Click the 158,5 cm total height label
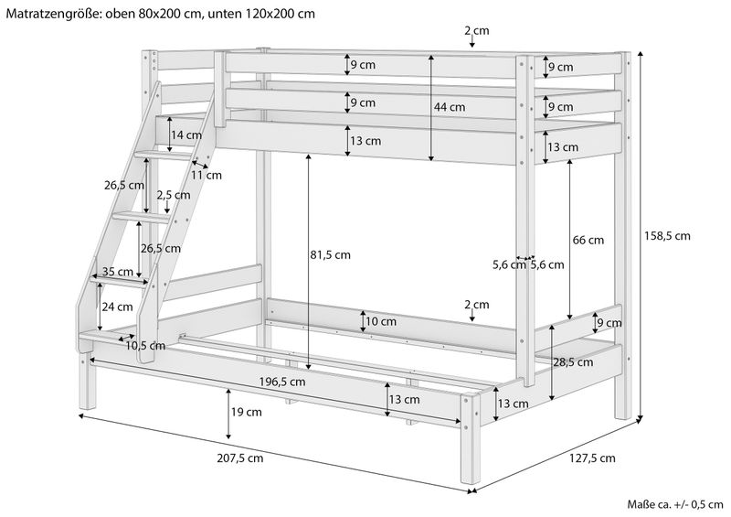pyautogui.click(x=664, y=235)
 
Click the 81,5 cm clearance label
pyautogui.click(x=330, y=255)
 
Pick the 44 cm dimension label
pyautogui.click(x=450, y=107)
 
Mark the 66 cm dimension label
pyautogui.click(x=589, y=241)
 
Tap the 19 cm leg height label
pyautogui.click(x=247, y=413)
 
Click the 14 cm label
pyautogui.click(x=186, y=135)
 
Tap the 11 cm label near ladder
pyautogui.click(x=207, y=175)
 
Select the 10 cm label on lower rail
pyautogui.click(x=381, y=321)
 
